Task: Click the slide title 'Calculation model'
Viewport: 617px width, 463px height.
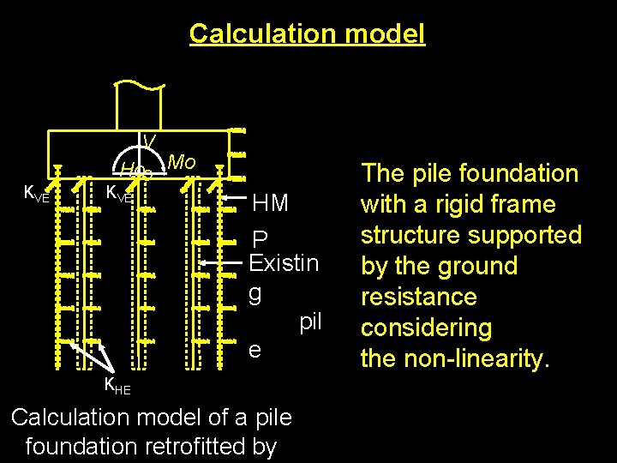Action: (x=307, y=33)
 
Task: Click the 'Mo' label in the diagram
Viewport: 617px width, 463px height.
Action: (x=182, y=162)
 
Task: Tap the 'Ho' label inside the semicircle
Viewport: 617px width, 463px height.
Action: (x=130, y=167)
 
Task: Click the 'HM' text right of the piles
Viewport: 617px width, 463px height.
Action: (x=271, y=203)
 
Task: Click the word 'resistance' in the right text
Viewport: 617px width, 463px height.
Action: (x=419, y=297)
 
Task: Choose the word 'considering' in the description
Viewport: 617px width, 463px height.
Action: (x=426, y=328)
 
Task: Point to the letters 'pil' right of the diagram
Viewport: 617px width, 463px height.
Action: (x=310, y=322)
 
